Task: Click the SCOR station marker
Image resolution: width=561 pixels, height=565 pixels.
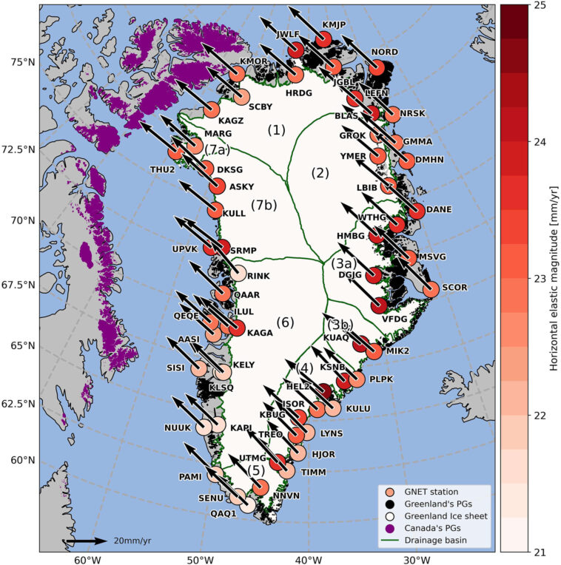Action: pos(431,290)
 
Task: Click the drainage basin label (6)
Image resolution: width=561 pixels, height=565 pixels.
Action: pos(285,322)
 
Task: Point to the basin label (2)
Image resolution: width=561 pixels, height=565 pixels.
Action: pos(320,174)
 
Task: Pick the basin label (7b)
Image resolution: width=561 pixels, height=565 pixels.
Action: pos(263,205)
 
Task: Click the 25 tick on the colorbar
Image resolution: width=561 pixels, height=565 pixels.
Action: pos(539,6)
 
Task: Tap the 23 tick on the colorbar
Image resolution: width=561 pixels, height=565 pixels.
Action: pos(539,278)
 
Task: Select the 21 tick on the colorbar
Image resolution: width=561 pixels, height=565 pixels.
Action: pos(539,552)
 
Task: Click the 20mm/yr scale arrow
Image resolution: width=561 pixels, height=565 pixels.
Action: pos(86,541)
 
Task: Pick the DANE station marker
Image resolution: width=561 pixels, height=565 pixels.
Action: pos(417,210)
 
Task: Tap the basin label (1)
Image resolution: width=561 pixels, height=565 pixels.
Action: pos(276,131)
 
